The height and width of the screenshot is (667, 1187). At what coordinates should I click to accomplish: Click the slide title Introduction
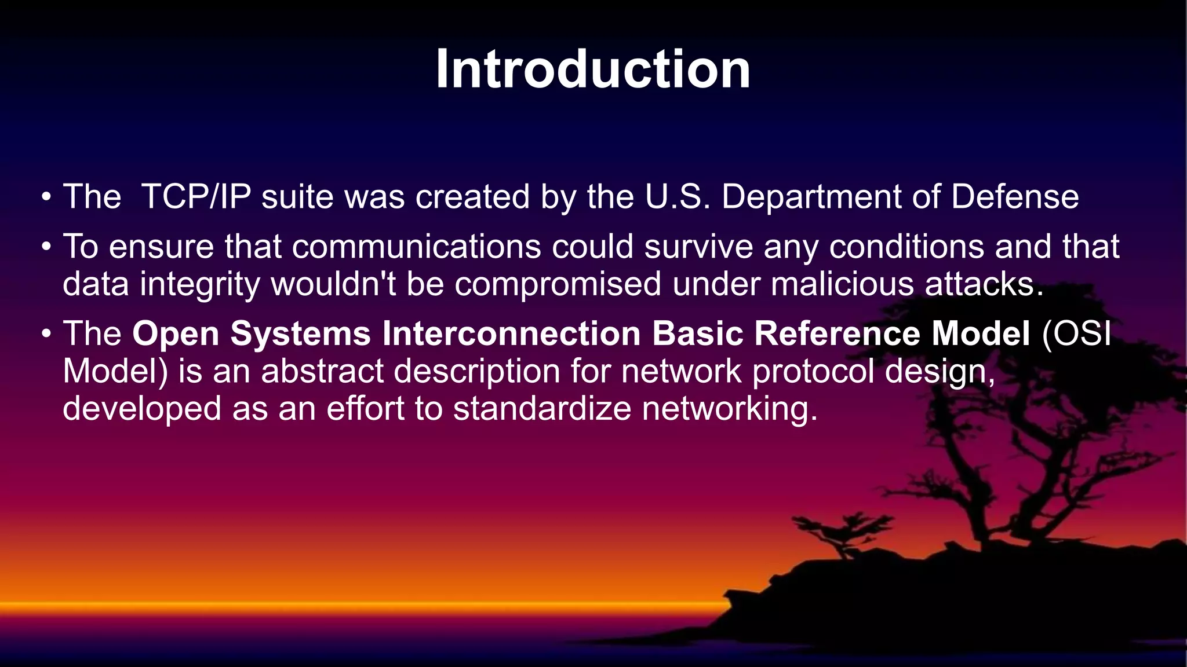coord(593,69)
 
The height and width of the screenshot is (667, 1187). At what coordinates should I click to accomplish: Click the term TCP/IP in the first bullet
coord(196,197)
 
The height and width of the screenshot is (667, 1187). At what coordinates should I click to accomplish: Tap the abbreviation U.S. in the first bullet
coord(678,197)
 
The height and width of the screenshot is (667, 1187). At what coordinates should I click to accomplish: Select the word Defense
coord(1014,197)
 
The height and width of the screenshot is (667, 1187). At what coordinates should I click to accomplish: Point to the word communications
coord(416,247)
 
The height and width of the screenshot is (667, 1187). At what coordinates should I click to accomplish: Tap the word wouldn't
coord(333,285)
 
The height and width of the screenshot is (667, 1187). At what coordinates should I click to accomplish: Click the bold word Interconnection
coord(511,334)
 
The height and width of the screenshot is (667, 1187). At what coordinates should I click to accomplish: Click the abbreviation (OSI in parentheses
coord(1076,334)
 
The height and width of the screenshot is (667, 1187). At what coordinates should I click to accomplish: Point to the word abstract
coord(322,371)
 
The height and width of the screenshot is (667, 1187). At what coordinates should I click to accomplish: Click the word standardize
coord(542,409)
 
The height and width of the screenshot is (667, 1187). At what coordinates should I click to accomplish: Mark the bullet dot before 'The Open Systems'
coord(46,335)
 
